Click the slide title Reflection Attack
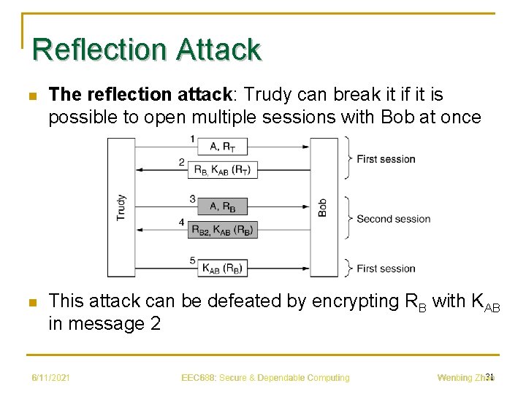tap(147, 50)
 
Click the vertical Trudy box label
tap(121, 207)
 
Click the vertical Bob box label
tap(323, 207)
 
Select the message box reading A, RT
tap(222, 147)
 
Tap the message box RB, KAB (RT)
tap(222, 170)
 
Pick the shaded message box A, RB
tap(222, 206)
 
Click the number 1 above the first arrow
tap(192, 139)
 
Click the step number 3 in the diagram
tap(192, 198)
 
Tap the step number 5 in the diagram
tap(192, 260)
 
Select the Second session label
tap(394, 219)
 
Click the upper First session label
tap(386, 159)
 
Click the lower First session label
tap(386, 269)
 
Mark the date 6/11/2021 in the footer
tap(50, 378)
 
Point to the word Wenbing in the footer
tap(454, 378)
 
